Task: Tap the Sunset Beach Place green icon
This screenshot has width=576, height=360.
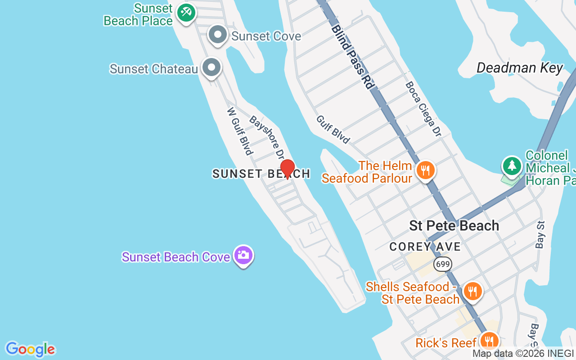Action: click(x=185, y=12)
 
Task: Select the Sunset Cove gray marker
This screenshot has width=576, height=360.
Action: click(x=218, y=35)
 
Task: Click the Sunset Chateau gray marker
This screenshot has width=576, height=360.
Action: click(x=211, y=68)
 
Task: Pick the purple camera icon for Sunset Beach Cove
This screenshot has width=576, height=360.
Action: click(x=243, y=255)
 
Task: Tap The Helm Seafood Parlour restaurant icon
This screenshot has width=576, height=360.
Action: click(x=425, y=171)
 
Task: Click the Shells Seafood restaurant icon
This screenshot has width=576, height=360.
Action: click(x=472, y=291)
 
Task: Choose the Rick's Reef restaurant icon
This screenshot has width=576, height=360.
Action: click(x=488, y=341)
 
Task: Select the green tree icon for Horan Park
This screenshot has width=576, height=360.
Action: click(x=512, y=166)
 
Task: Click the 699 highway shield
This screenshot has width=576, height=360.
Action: click(x=443, y=264)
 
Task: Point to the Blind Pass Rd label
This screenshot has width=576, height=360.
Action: click(x=353, y=56)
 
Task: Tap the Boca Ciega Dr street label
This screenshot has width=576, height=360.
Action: click(x=423, y=108)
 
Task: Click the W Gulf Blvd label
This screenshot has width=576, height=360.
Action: click(x=239, y=131)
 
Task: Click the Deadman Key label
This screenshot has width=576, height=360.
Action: click(x=519, y=68)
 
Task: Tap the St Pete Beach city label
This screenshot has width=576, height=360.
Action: click(x=454, y=225)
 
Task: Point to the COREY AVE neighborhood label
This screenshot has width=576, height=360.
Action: click(x=425, y=247)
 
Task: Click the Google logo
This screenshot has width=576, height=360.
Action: click(x=30, y=349)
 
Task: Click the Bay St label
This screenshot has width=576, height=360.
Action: click(x=540, y=234)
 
